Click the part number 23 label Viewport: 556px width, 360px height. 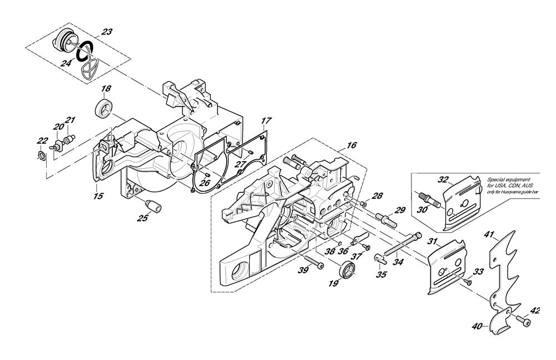click(x=106, y=32)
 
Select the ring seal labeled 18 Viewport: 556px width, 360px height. click(x=103, y=108)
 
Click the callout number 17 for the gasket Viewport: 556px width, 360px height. click(x=266, y=121)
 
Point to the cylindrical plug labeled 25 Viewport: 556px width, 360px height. click(x=153, y=206)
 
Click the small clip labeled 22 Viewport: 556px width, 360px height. click(x=42, y=155)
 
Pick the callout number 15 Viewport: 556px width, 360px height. click(x=98, y=196)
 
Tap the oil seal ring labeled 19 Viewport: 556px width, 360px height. click(x=347, y=271)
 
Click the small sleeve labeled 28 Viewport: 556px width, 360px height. click(x=364, y=204)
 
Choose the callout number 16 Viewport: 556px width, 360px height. click(x=352, y=145)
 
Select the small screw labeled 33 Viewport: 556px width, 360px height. click(x=468, y=281)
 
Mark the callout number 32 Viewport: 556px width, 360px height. click(x=443, y=179)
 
